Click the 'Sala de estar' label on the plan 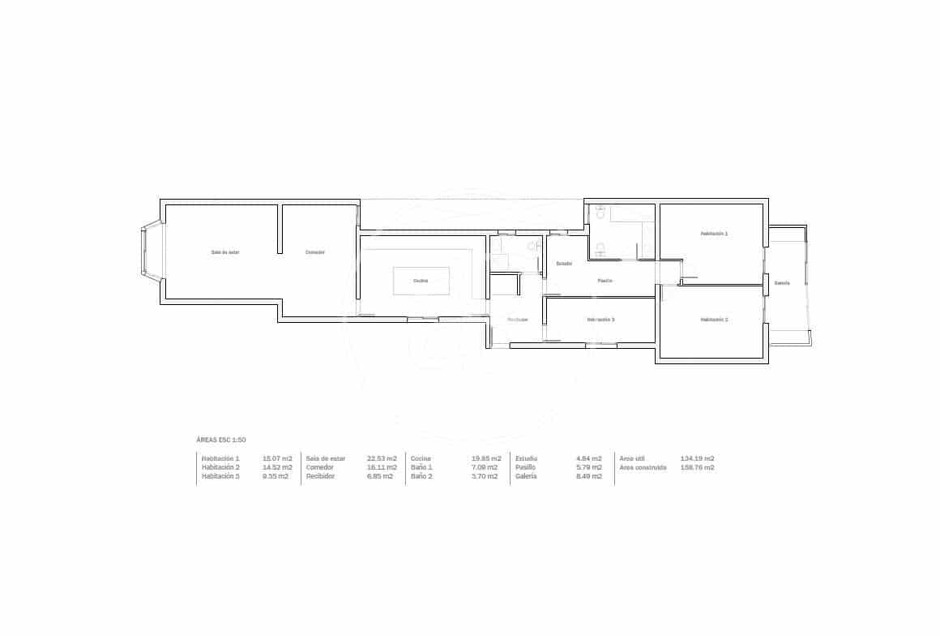[x=225, y=252]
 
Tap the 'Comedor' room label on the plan [x=315, y=252]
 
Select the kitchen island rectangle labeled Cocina [x=421, y=281]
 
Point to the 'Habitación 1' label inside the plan [x=714, y=234]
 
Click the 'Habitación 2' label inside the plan [x=714, y=320]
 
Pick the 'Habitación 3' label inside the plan [x=600, y=320]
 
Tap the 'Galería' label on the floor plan [x=782, y=283]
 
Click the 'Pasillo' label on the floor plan [x=605, y=281]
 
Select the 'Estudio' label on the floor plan [x=564, y=264]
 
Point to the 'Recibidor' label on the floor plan [x=518, y=320]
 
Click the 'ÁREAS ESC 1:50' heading [x=221, y=440]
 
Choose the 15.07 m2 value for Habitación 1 [x=278, y=458]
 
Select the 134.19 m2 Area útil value [x=698, y=458]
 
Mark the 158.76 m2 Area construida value [x=698, y=467]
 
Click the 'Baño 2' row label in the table [x=422, y=476]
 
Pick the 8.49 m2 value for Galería [x=589, y=476]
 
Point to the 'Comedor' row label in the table [x=319, y=467]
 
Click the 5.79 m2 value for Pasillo [x=589, y=467]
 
